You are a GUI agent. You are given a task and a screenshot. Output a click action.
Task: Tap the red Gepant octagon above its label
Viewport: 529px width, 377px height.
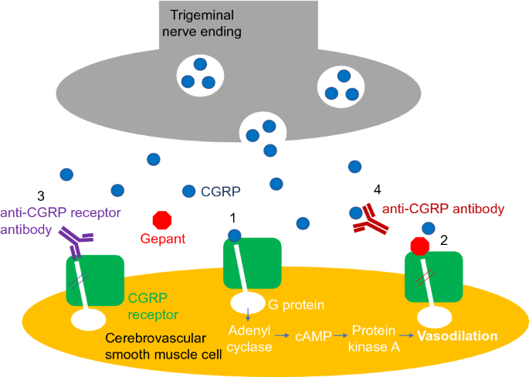pos(163,220)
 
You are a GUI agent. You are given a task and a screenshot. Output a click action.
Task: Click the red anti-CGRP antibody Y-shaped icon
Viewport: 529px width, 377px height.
pos(371,220)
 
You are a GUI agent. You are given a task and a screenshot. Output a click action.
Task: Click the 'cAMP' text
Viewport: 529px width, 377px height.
pos(312,338)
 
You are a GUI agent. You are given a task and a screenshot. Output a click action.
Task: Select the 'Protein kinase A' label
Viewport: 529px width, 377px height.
pos(375,338)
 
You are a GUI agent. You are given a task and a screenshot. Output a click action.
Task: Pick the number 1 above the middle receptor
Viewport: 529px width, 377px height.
pos(235,219)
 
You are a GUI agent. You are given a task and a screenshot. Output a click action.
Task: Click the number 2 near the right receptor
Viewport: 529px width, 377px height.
pos(444,239)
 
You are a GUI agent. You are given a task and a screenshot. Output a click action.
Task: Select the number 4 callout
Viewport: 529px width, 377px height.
pos(377,189)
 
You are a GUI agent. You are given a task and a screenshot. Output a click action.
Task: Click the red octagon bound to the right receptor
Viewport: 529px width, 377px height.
pos(419,246)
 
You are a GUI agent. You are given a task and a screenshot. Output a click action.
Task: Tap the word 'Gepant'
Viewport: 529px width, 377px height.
pos(163,239)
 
